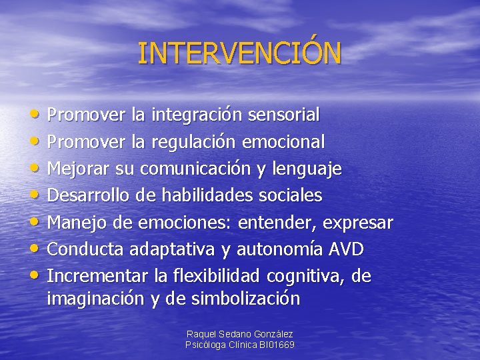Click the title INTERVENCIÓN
[x=239, y=53]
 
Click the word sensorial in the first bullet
[x=283, y=115]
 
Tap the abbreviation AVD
[x=345, y=249]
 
